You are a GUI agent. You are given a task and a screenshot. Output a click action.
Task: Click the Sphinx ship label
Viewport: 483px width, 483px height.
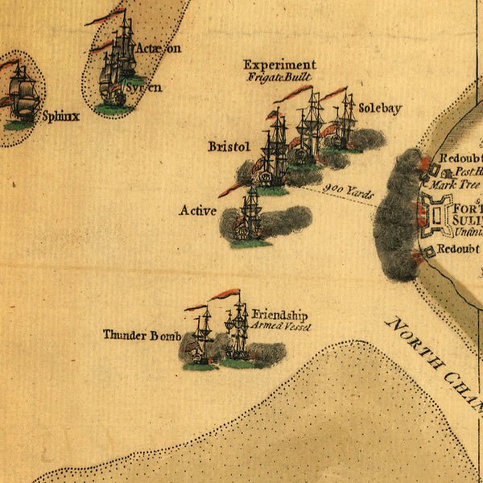(x=62, y=116)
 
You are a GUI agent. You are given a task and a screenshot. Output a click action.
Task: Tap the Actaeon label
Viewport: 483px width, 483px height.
(x=159, y=48)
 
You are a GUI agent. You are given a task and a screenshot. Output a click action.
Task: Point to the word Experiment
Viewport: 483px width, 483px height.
(x=279, y=65)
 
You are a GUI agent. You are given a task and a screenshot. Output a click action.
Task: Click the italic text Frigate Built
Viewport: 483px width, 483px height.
(x=279, y=77)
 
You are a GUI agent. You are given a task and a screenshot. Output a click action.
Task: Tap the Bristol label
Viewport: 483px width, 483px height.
(x=229, y=147)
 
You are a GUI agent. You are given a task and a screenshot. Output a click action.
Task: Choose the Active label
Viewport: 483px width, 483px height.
(x=198, y=211)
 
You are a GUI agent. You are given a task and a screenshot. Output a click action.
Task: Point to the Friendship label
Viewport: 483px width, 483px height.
(x=279, y=315)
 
